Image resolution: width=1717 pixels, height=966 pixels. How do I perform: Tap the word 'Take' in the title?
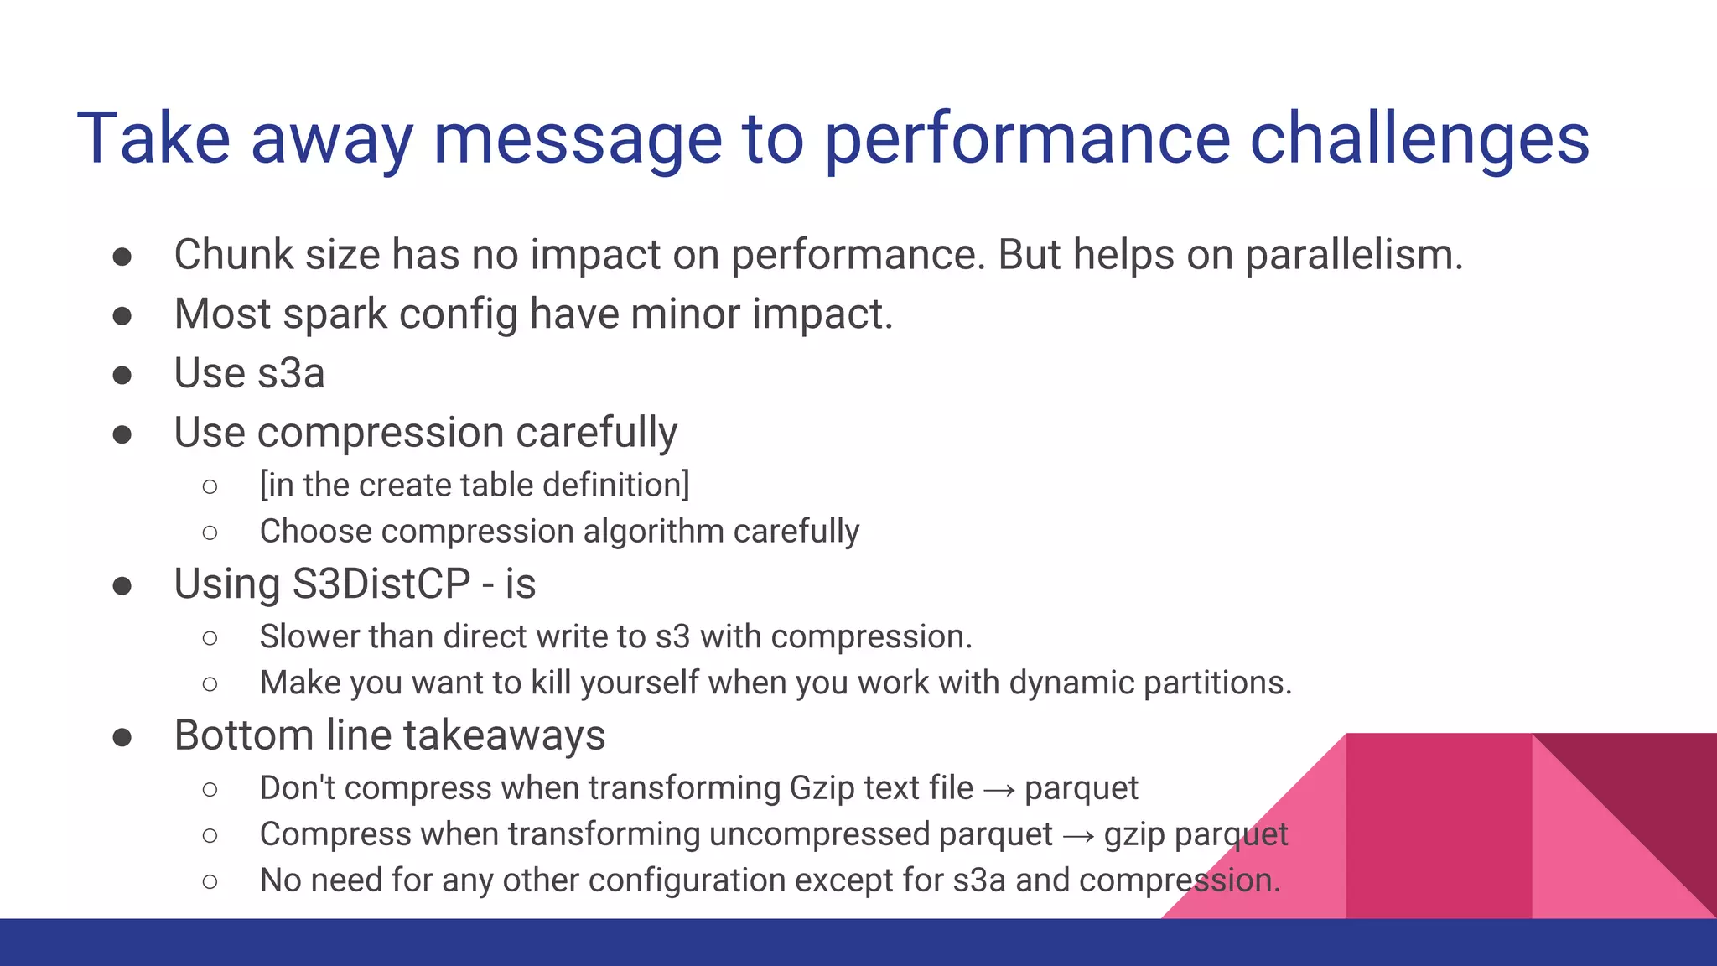point(153,138)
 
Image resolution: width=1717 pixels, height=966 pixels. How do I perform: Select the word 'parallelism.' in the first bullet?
point(1353,255)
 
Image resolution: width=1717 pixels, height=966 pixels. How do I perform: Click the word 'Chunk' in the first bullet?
point(233,255)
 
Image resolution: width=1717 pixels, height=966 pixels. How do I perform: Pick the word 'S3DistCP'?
point(381,584)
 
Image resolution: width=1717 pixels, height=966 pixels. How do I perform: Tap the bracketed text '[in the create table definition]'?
point(475,485)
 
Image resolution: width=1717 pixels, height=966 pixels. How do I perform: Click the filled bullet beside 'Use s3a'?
point(122,375)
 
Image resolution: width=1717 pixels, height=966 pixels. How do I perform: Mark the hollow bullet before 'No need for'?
point(210,881)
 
